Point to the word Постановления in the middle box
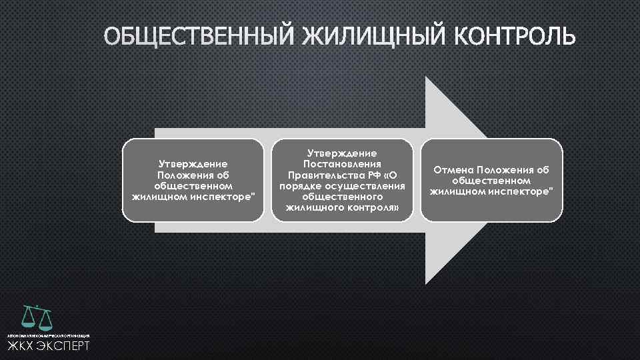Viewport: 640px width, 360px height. pyautogui.click(x=342, y=163)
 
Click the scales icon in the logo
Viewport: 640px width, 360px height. pyautogui.click(x=37, y=318)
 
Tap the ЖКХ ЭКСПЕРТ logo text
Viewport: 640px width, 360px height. pyautogui.click(x=48, y=346)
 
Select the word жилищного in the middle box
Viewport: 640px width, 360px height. pyautogui.click(x=313, y=208)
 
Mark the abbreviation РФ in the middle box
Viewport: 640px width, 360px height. pyautogui.click(x=376, y=175)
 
